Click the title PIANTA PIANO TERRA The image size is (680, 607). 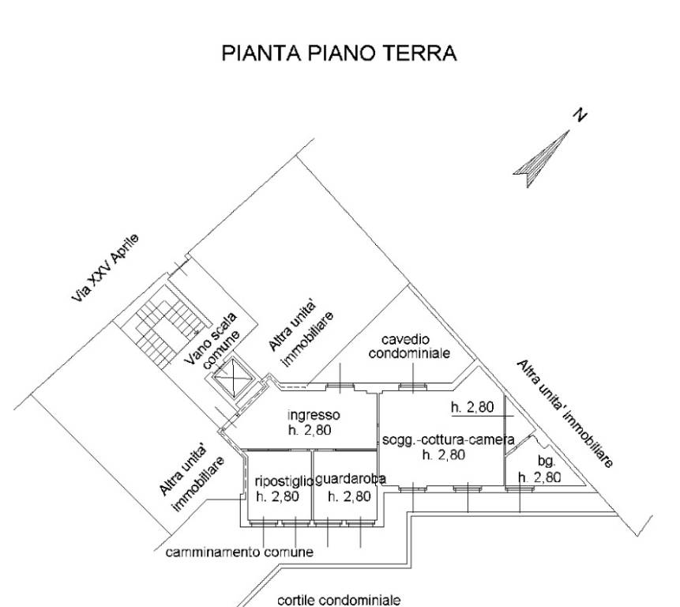point(340,53)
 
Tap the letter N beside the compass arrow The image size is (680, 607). point(580,116)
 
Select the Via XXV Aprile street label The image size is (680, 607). point(105,270)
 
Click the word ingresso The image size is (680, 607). point(313,415)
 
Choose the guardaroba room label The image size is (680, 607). point(350,479)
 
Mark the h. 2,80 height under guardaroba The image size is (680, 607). point(348,496)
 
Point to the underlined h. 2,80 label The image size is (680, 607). point(472,409)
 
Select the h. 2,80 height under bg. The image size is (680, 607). point(539,477)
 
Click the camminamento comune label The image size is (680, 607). point(239,552)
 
